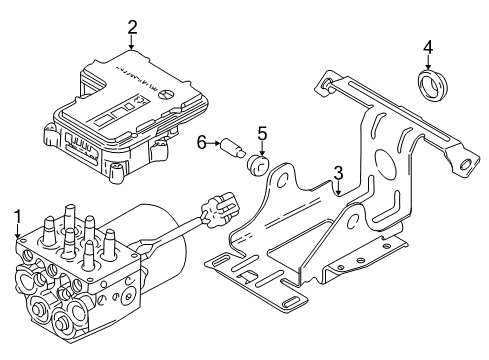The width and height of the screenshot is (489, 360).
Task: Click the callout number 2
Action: pyautogui.click(x=131, y=27)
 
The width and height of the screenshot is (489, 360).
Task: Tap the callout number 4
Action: pyautogui.click(x=428, y=47)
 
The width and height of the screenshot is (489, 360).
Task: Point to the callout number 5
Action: pyautogui.click(x=263, y=132)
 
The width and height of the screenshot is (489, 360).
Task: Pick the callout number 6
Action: pyautogui.click(x=201, y=143)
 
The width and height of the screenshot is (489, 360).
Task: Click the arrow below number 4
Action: pyautogui.click(x=428, y=63)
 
